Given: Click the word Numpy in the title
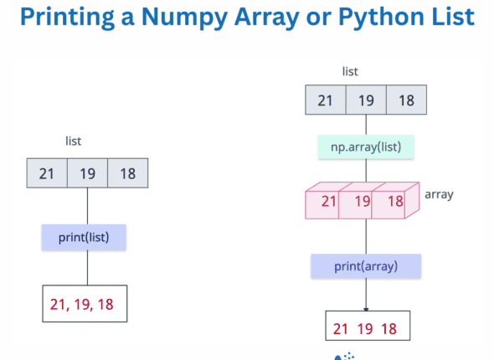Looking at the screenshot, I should point(198,18).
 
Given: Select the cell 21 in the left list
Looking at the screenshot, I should point(47,173).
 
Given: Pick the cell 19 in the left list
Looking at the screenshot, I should point(87,173).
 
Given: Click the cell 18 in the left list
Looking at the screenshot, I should point(127,173).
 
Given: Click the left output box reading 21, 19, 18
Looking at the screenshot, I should point(85,304).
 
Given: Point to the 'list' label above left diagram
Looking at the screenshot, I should point(74,142).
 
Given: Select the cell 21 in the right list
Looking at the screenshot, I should point(327,100).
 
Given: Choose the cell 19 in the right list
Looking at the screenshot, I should point(366,100).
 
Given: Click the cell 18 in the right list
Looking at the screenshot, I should point(406,100).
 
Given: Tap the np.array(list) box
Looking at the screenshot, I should point(366,148).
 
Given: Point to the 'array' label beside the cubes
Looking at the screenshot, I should point(439,194).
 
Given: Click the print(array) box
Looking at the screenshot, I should point(366,266).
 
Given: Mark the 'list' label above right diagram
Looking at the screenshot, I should point(351,72).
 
